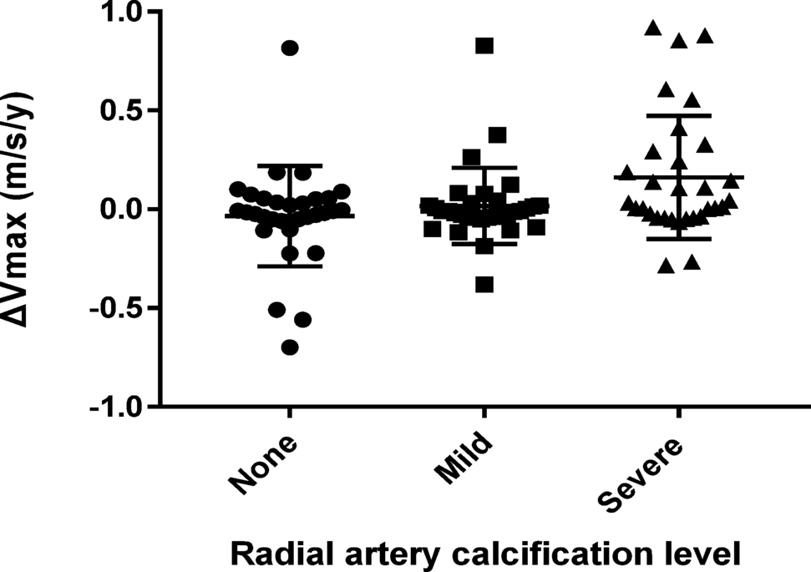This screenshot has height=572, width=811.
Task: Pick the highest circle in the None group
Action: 290,48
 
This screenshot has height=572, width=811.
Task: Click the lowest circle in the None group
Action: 290,347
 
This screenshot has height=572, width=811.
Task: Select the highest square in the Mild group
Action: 484,46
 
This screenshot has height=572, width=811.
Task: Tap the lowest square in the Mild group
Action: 484,285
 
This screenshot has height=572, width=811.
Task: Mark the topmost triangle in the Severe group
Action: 653,28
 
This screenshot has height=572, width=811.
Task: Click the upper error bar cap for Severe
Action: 678,115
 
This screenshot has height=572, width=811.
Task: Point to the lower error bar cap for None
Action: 290,266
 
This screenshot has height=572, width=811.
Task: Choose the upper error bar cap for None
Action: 290,165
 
